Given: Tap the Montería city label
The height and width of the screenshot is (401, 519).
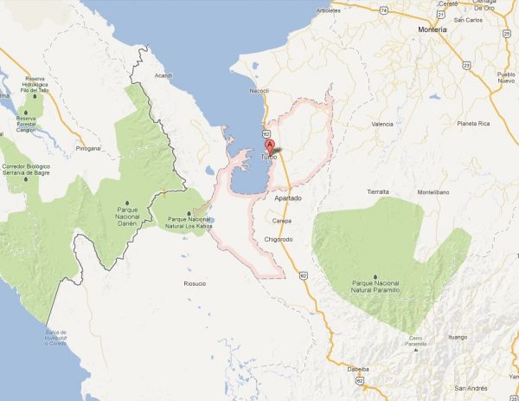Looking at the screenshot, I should [431, 29].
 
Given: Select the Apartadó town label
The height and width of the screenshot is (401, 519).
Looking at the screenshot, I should [288, 199].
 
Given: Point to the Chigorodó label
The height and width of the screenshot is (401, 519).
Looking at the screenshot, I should [283, 237].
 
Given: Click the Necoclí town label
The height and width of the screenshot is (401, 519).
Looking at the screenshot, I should [259, 88].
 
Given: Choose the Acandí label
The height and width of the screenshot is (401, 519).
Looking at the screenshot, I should [164, 75].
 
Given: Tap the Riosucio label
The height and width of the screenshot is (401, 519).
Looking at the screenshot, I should [195, 283].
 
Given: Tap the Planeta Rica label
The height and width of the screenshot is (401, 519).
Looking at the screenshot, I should [472, 124].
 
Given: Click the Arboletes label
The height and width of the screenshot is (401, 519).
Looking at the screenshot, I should [329, 11].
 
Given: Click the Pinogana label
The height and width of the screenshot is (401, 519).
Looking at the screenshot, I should [88, 148].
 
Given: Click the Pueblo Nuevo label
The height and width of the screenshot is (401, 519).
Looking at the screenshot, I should [506, 79].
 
